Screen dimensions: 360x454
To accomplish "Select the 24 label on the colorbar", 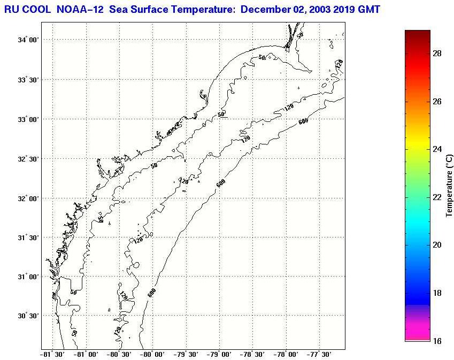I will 437,149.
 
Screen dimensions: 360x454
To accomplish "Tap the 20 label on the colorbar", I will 437,245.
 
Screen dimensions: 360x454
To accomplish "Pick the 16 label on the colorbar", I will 437,341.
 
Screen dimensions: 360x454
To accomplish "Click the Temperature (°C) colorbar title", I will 450,185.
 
